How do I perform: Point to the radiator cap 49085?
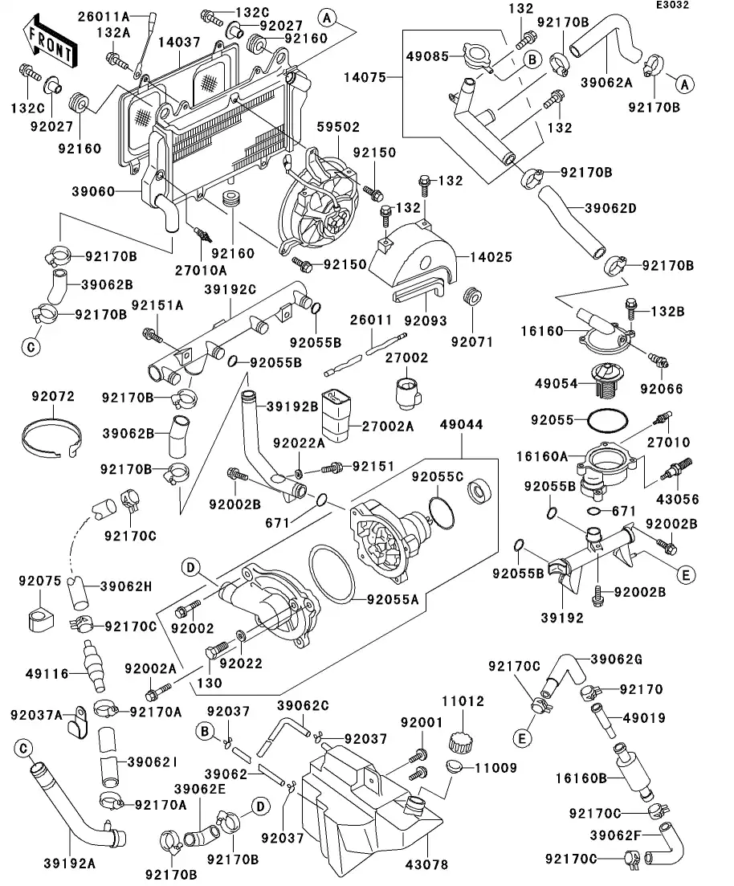471,58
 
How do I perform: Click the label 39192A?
68,865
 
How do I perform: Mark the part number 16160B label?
580,778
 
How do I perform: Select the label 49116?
38,675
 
